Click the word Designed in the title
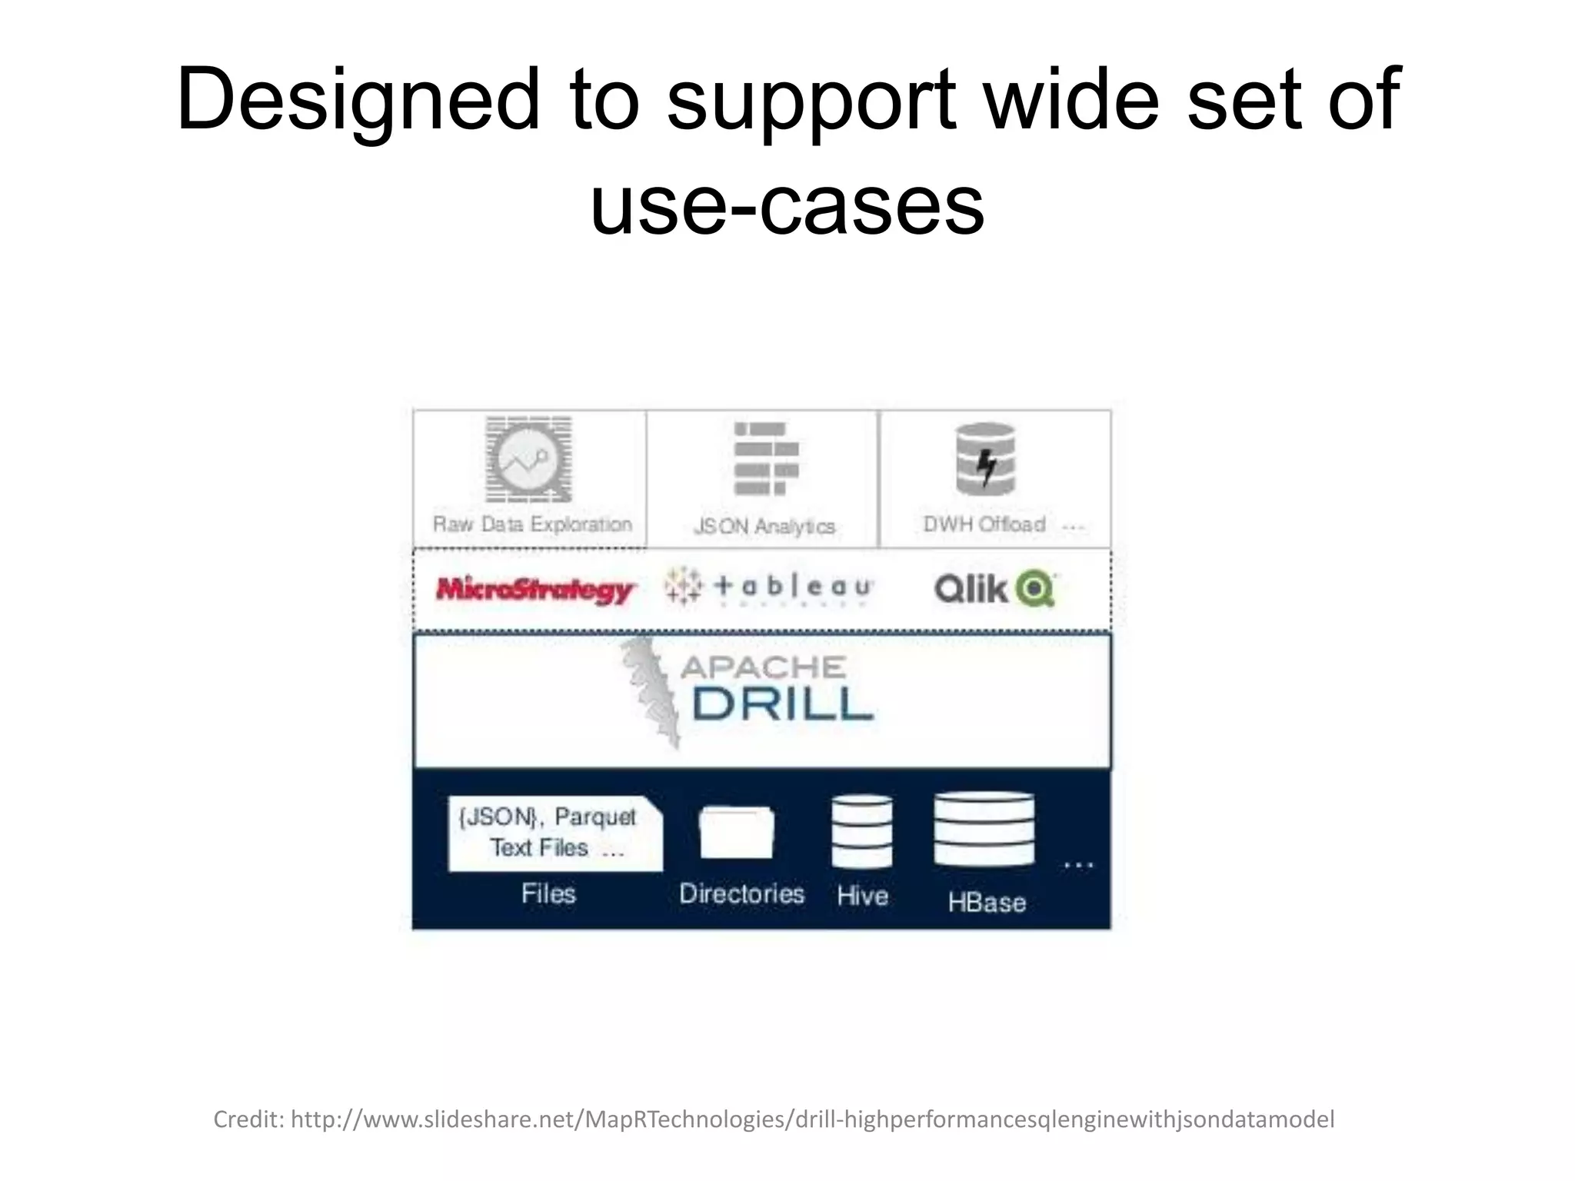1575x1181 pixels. (x=359, y=100)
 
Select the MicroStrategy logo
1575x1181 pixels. (x=534, y=590)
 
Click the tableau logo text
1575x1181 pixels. (x=792, y=588)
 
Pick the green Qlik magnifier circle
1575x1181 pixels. (x=1034, y=590)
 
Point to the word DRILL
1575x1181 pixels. (x=782, y=704)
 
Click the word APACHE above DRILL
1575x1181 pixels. (x=763, y=667)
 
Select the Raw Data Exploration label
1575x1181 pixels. (x=532, y=524)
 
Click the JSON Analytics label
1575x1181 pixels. (x=764, y=527)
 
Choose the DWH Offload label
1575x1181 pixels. (x=984, y=524)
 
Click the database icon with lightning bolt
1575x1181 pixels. (x=985, y=460)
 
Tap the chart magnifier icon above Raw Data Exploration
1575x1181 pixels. (x=528, y=460)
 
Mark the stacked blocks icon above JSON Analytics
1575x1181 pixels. (x=765, y=459)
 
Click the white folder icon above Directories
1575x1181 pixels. (x=736, y=833)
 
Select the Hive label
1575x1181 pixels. (x=862, y=896)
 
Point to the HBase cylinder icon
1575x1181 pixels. (x=984, y=830)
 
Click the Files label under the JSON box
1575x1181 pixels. (x=548, y=893)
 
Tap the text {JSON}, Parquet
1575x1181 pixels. (x=547, y=817)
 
